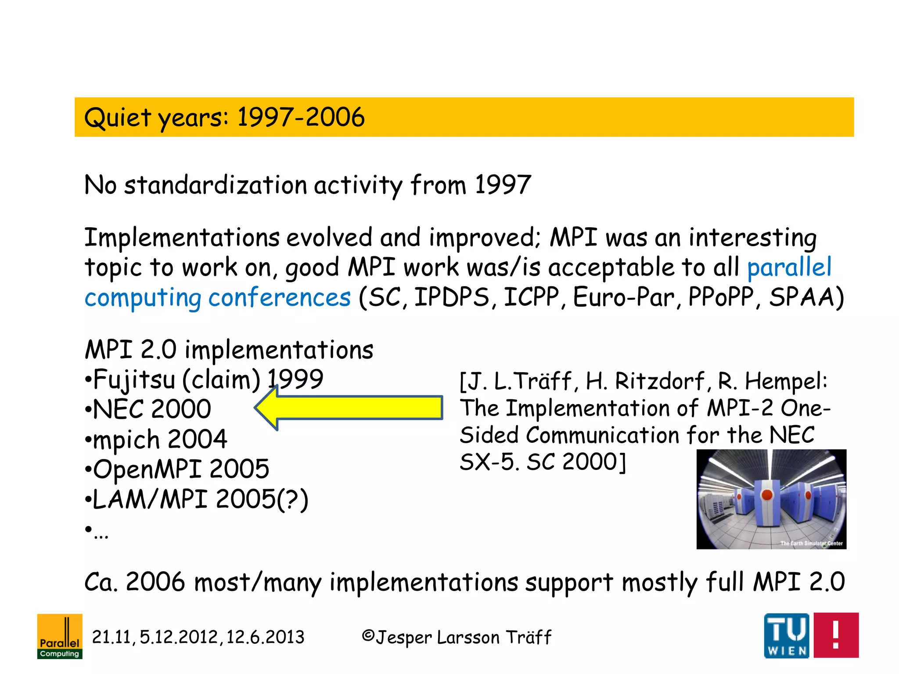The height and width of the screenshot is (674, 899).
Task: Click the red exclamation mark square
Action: (x=836, y=635)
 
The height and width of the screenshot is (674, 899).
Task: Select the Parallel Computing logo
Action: (x=60, y=636)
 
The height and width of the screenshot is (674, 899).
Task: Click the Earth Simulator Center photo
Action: (x=771, y=499)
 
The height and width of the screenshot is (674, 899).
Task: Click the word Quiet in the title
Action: (x=118, y=118)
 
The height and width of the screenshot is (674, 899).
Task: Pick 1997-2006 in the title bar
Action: (x=301, y=117)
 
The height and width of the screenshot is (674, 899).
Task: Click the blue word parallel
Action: (x=789, y=267)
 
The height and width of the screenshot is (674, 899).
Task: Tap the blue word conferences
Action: (x=280, y=298)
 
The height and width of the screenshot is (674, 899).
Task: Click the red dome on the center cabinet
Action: (x=767, y=495)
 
